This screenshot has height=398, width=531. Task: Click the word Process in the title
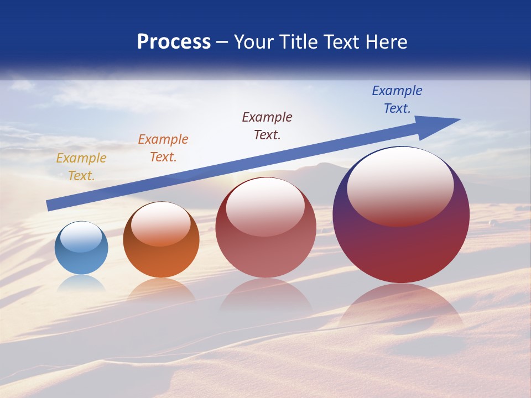[x=174, y=42]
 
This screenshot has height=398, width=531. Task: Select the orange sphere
[x=161, y=260]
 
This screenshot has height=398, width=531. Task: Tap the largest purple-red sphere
[x=401, y=249]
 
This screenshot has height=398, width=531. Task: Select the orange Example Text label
[x=163, y=148]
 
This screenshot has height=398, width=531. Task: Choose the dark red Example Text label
[x=267, y=126]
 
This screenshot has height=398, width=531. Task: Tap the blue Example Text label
[x=397, y=99]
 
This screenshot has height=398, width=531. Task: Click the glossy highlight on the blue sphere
[x=81, y=237]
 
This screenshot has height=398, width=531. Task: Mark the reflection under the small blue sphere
[x=81, y=284]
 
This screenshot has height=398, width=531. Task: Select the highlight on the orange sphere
[x=161, y=224]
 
